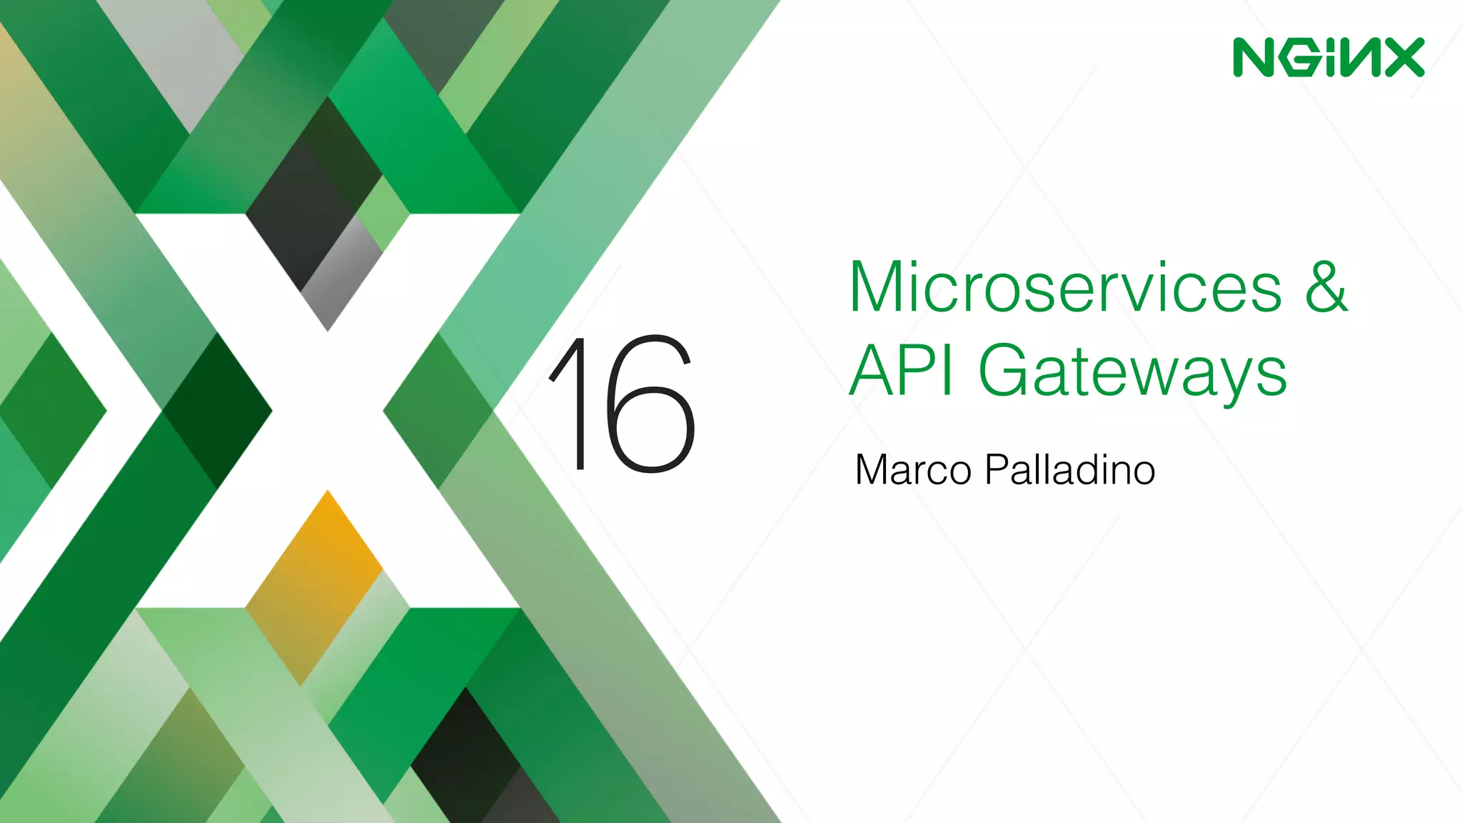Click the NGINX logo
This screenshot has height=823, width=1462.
1329,57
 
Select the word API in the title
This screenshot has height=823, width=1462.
901,371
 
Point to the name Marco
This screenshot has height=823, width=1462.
913,470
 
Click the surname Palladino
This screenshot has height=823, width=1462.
1069,470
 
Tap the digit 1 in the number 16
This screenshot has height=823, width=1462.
571,403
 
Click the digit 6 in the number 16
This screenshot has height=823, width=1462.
650,404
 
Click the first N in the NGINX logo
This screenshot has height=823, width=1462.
1254,57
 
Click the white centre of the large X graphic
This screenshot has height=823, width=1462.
328,411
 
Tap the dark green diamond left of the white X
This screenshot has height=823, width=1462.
217,411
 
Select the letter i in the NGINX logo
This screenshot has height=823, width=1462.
1329,57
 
